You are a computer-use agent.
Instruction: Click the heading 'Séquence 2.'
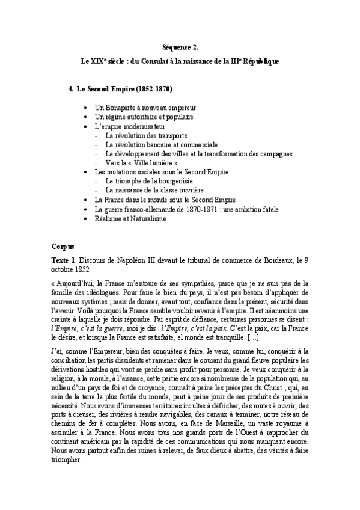coord(180,46)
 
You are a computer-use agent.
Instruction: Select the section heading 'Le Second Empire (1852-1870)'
coord(124,89)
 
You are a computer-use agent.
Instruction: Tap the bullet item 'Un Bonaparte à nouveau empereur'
coord(141,107)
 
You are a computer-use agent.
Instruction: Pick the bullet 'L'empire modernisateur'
coord(126,126)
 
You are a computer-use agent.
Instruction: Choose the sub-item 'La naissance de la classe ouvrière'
coord(154,190)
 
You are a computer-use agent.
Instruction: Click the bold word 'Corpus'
coord(63,246)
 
